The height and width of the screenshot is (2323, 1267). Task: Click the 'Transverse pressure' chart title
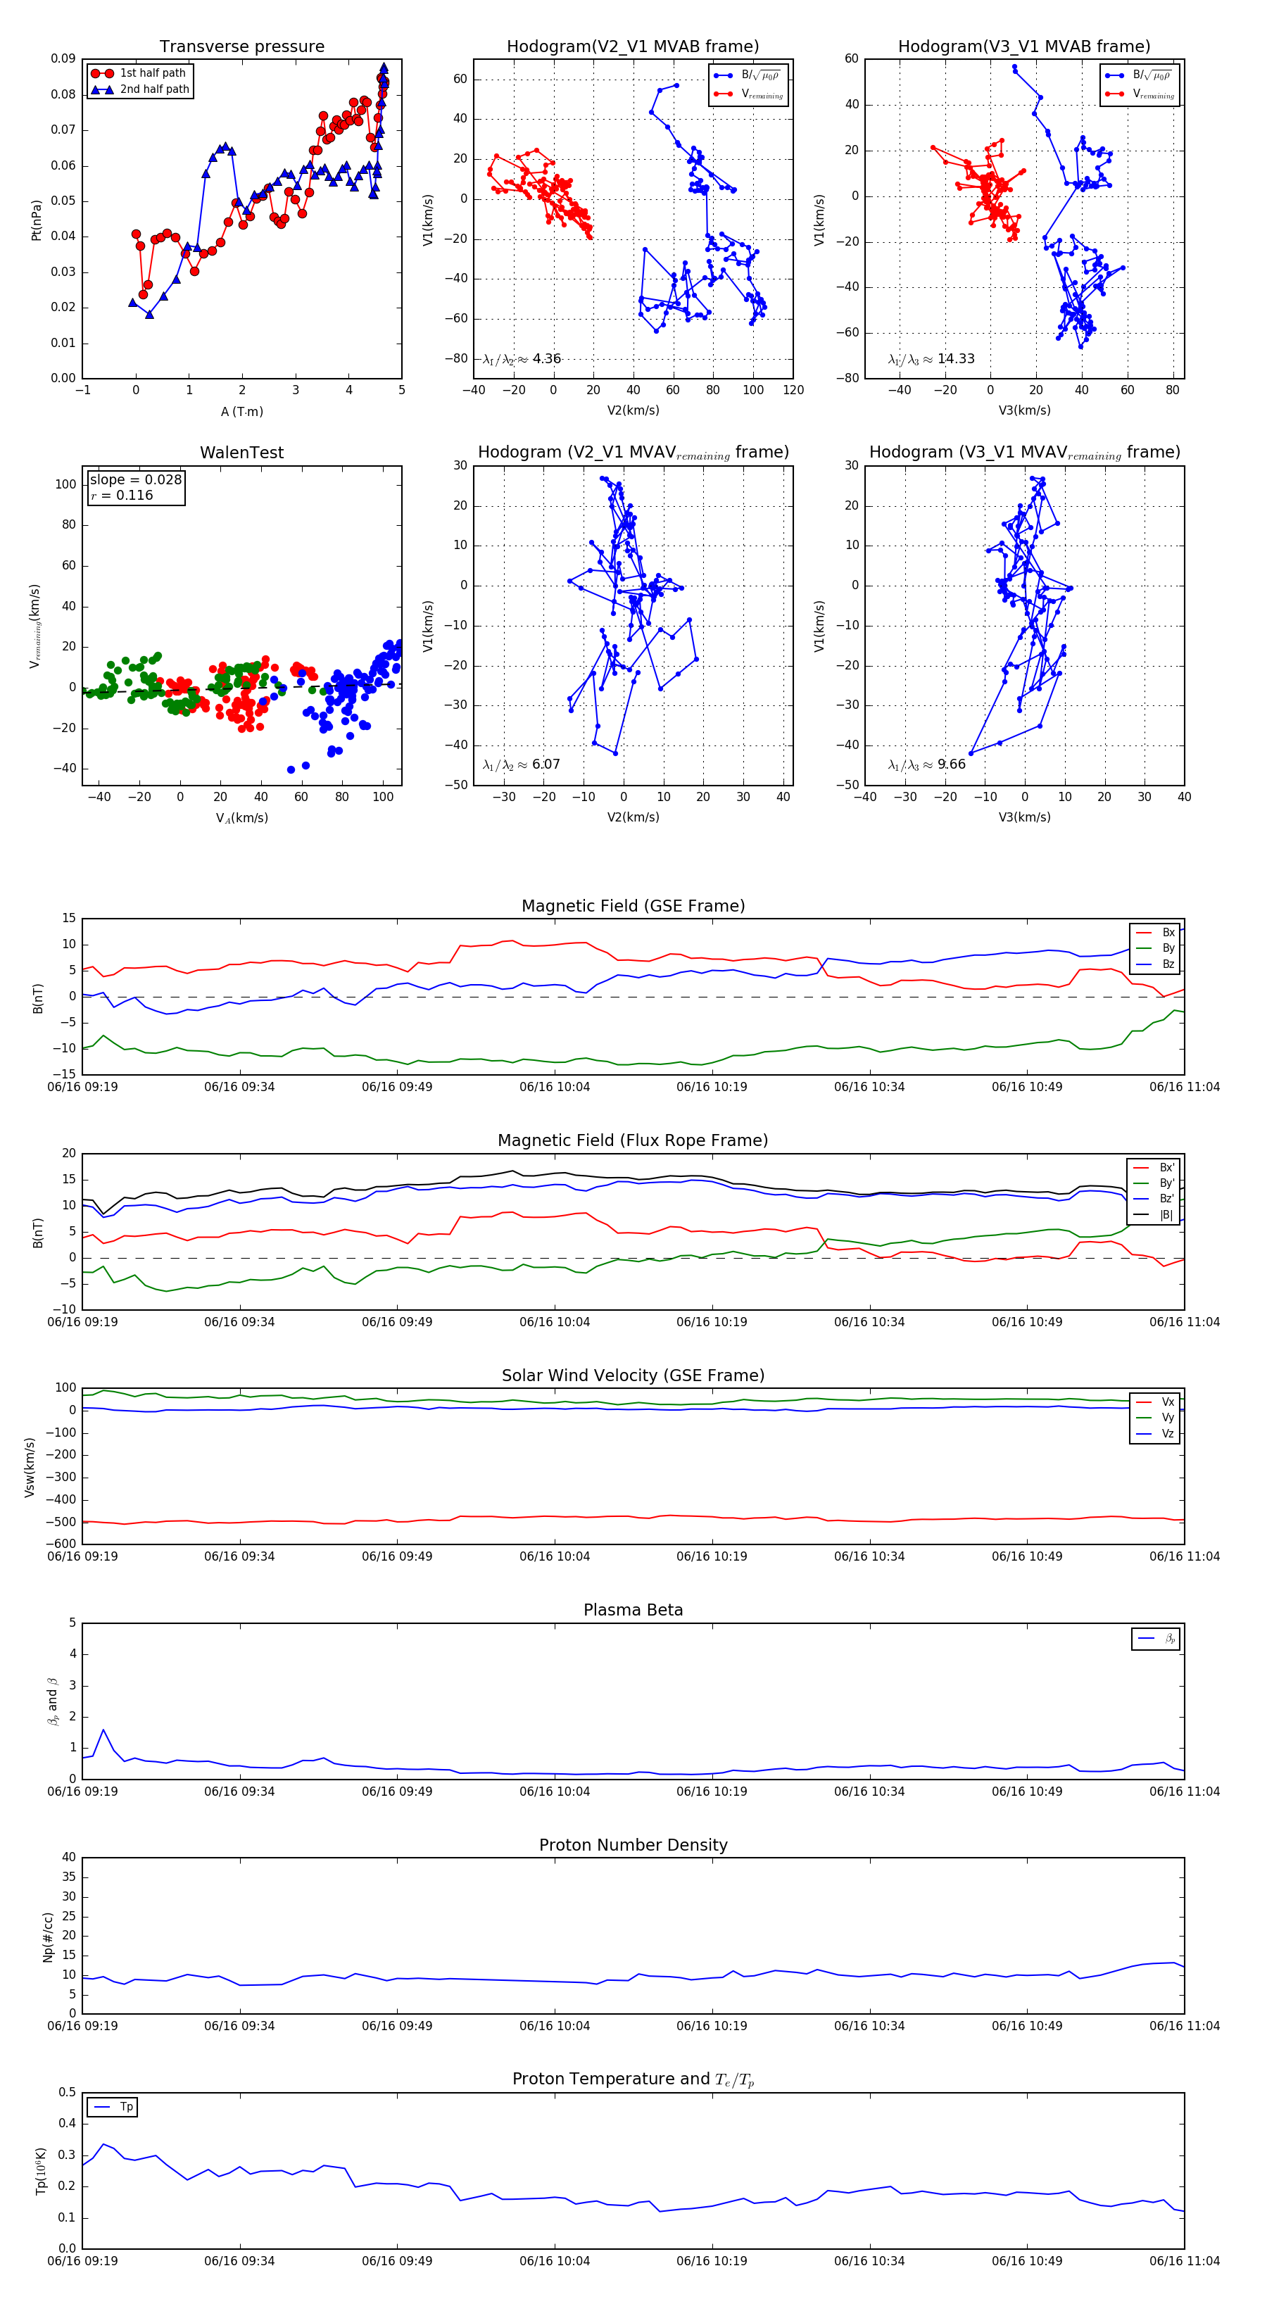coord(241,47)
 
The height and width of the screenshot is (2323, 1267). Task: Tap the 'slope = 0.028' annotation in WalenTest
coord(135,480)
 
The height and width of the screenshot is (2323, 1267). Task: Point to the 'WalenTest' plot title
coord(241,453)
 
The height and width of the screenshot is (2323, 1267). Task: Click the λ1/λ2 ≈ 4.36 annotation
coord(521,359)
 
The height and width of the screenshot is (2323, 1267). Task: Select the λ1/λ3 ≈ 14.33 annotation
coord(931,359)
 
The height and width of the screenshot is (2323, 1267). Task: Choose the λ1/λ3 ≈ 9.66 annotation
coord(926,764)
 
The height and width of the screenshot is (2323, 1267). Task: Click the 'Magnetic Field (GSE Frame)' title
coord(633,906)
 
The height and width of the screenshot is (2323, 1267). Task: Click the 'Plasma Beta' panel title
coord(633,1611)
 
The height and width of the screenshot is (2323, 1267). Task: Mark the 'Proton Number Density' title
coord(633,1845)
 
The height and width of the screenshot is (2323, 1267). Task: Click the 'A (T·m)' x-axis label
coord(241,412)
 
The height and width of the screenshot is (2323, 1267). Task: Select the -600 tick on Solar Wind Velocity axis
coord(61,1544)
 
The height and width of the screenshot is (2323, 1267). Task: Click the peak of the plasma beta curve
coord(103,1730)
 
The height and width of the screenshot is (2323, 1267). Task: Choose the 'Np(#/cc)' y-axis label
coord(49,1937)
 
